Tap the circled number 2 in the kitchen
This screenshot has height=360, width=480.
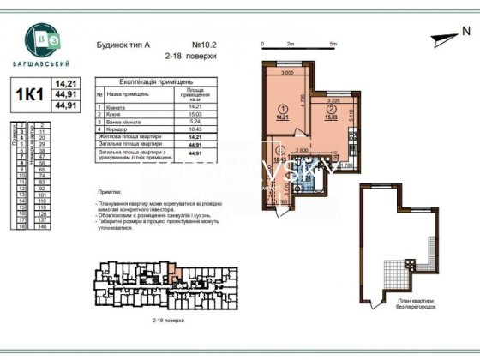click(329, 121)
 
